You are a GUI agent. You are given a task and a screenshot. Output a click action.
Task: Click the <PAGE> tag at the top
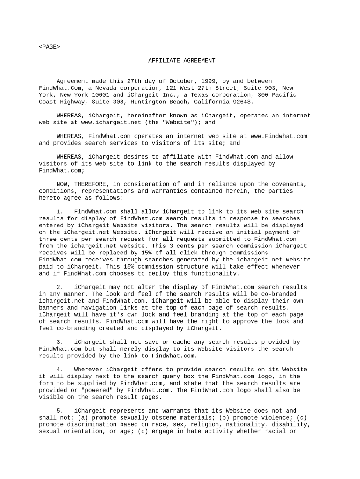(x=49, y=47)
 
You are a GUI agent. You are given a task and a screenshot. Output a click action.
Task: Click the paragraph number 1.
(x=59, y=211)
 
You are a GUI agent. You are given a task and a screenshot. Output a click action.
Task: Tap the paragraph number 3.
(x=59, y=342)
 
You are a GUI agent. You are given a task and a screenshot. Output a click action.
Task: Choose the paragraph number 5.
(x=59, y=410)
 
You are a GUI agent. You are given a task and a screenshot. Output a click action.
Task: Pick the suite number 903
(x=274, y=88)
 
